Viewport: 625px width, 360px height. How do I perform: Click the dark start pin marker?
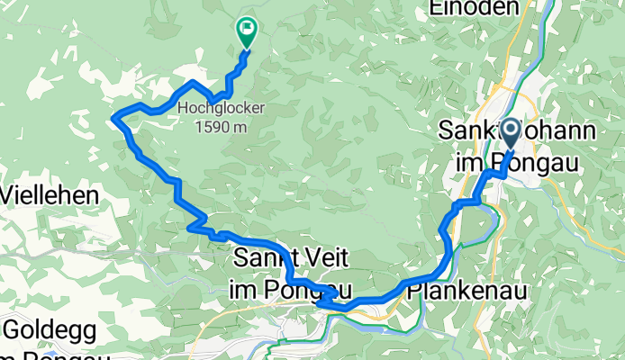click(511, 136)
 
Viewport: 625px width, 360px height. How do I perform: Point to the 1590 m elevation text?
click(222, 126)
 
